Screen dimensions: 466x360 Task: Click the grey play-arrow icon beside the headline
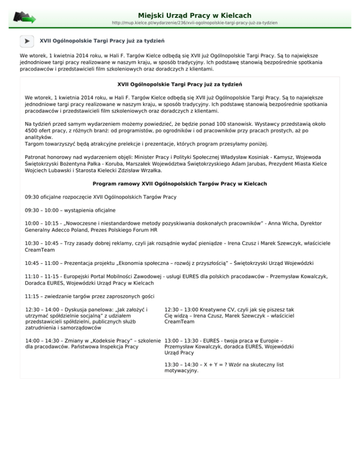[x=28, y=41]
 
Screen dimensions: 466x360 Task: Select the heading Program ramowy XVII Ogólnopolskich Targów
[x=180, y=183]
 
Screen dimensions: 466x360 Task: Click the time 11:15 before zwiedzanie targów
[x=32, y=296]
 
